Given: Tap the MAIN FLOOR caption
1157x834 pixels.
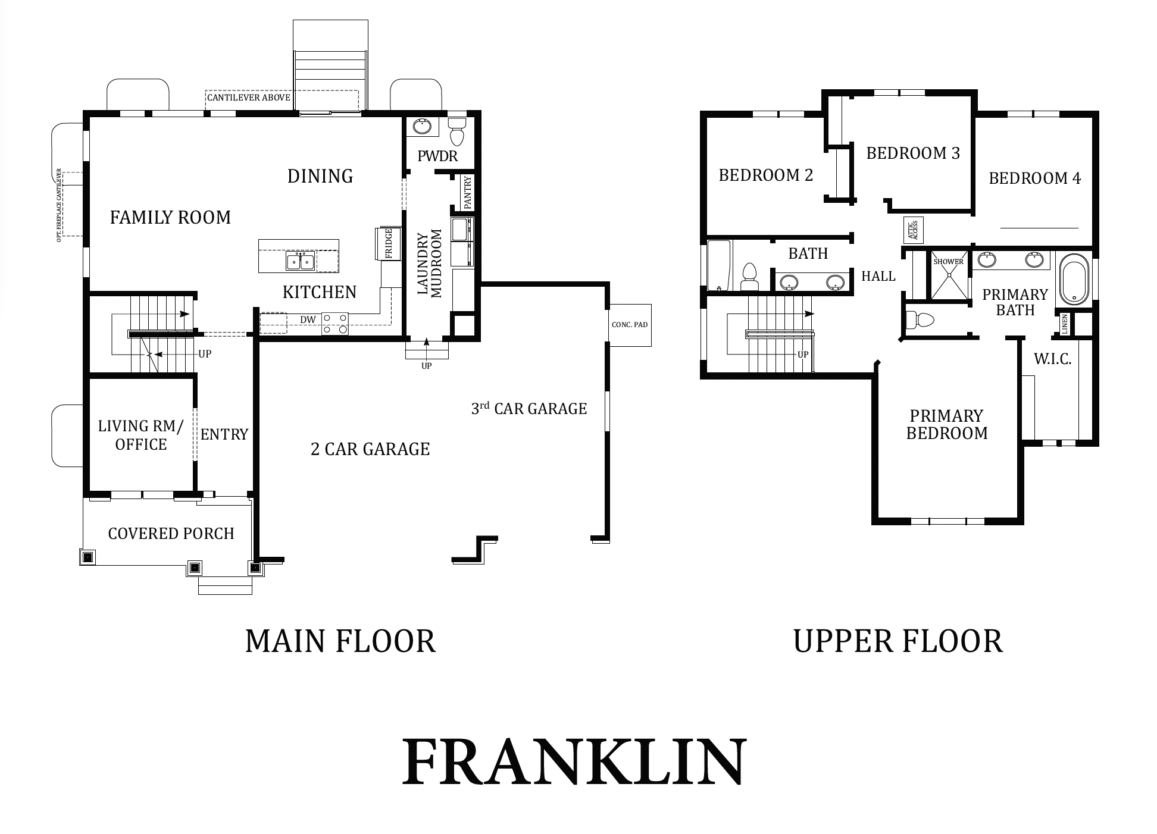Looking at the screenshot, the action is [x=340, y=641].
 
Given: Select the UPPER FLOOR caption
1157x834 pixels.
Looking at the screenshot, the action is [x=898, y=641].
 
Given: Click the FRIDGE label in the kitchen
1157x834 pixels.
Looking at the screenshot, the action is [x=388, y=244].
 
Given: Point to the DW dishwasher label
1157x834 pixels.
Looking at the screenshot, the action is [x=308, y=320].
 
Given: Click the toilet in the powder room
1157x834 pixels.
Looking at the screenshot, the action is [x=456, y=131].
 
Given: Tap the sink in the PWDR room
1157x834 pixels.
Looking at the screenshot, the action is [x=423, y=127].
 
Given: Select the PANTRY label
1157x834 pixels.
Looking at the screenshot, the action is [x=467, y=192].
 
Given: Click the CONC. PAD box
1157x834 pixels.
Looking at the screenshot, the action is [x=630, y=325].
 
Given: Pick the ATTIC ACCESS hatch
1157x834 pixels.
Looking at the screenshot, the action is [x=914, y=230].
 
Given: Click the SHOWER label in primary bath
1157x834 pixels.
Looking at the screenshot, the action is [x=948, y=262].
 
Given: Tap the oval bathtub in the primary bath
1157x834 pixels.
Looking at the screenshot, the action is [x=1074, y=279].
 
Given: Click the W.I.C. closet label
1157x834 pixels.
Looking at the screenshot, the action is [x=1052, y=359].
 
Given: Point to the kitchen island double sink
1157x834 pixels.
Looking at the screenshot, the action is [x=301, y=261].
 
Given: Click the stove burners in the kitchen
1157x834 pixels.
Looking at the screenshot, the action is [x=335, y=324].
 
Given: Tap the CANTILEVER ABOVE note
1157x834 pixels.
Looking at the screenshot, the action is [x=249, y=98].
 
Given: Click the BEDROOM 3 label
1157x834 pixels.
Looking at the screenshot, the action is [x=913, y=153].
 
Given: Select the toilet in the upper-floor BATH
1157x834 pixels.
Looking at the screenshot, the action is [x=749, y=277].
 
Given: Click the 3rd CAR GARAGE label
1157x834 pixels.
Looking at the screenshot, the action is [x=529, y=408].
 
